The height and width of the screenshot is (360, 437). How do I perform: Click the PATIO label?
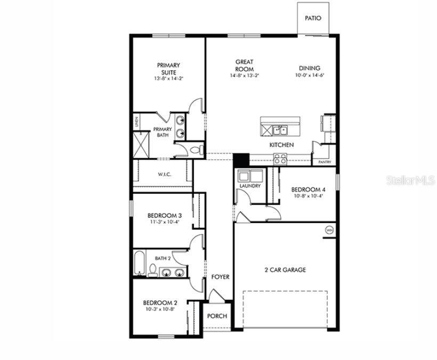[313, 18]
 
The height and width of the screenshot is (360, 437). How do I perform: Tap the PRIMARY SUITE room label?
[168, 69]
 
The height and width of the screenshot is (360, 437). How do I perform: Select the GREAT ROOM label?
[245, 66]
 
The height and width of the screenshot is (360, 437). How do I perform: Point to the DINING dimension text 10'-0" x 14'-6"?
[310, 76]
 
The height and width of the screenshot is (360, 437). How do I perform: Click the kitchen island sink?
[279, 130]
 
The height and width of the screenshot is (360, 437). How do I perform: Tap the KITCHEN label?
[281, 145]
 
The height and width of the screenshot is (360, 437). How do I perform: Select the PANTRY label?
[324, 162]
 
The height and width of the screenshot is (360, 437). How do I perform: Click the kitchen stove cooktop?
[280, 158]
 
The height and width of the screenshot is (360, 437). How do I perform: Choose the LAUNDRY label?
[250, 186]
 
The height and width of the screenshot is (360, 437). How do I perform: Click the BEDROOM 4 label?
[307, 190]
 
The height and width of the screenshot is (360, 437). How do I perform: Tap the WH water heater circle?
[329, 230]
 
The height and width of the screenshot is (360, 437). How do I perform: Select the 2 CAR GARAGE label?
[285, 270]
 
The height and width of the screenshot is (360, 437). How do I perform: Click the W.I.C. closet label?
[164, 174]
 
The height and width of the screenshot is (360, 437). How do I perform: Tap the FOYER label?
[220, 277]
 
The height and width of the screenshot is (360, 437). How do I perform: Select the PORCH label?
[217, 316]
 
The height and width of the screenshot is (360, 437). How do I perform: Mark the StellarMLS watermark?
[410, 181]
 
